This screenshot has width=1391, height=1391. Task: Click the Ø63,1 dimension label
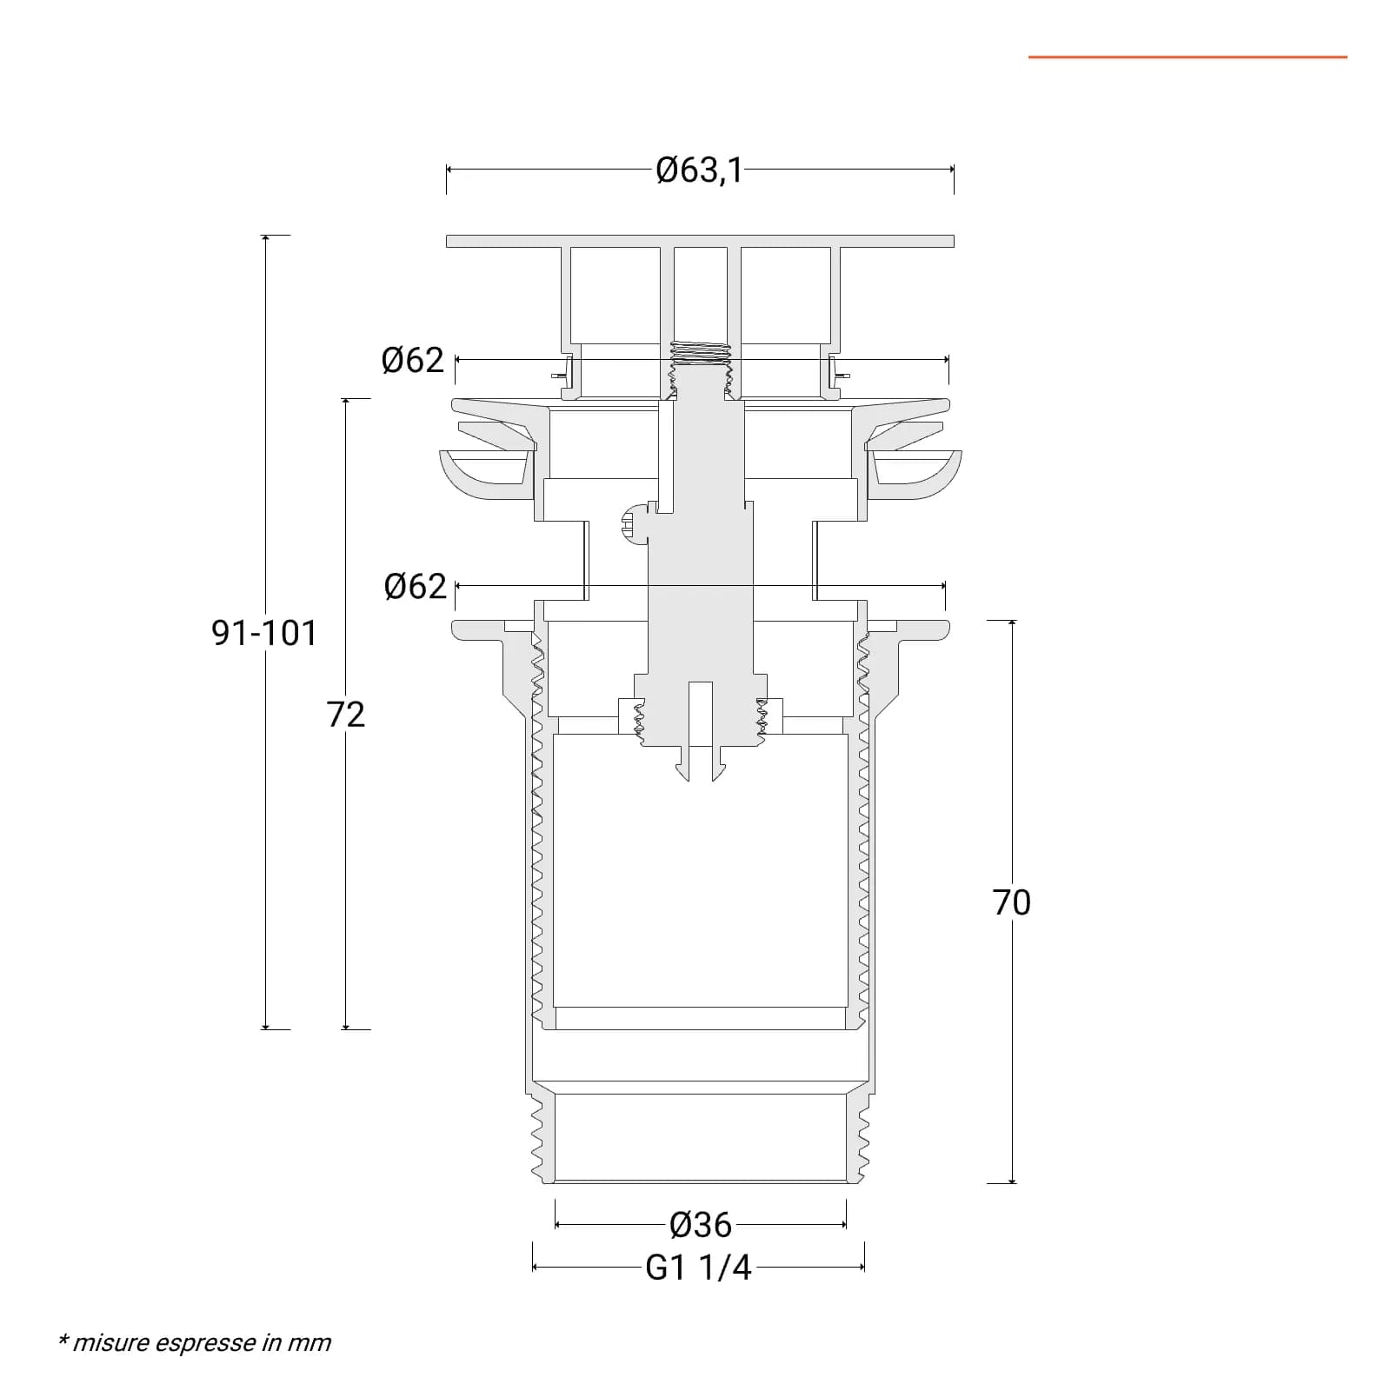pos(700,170)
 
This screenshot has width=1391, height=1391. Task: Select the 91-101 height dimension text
pos(264,633)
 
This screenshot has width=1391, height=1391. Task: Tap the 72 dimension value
pos(346,715)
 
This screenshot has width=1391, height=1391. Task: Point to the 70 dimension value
pos(1012,902)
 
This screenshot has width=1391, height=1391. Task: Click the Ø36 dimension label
pos(701,1225)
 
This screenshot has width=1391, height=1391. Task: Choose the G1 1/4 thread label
pos(698,1268)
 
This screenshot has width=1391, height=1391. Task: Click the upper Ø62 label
pos(413,360)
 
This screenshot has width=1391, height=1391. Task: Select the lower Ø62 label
pos(415,587)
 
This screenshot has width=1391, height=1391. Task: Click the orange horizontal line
pos(1188,57)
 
